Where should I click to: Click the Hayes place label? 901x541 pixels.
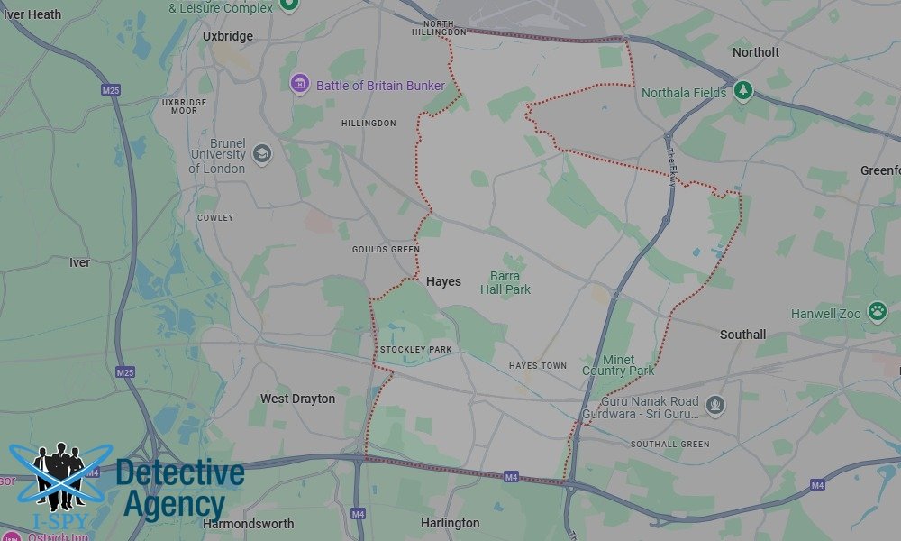[x=443, y=281]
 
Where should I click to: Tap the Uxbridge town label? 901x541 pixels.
[x=228, y=36]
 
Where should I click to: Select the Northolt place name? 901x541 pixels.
[x=755, y=52]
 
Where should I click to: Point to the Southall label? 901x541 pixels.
[x=742, y=335]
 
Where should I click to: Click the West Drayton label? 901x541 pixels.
[x=297, y=399]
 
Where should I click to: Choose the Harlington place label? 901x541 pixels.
[x=450, y=523]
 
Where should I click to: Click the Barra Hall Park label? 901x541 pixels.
[x=505, y=283]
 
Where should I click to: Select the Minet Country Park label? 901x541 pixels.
[x=618, y=365]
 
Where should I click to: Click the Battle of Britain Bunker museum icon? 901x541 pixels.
[x=300, y=84]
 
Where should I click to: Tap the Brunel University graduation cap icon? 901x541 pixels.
[x=261, y=152]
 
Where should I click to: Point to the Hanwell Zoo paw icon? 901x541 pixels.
[x=877, y=312]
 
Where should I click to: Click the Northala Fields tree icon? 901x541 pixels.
[x=742, y=90]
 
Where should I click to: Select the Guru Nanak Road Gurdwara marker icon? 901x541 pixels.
[x=715, y=405]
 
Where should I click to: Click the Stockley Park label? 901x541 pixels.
[x=415, y=350]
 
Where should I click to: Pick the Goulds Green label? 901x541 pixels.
[x=386, y=250]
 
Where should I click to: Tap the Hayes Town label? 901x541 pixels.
[x=538, y=366]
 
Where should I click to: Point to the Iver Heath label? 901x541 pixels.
[x=32, y=14]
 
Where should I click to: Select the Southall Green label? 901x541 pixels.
[x=669, y=445]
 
